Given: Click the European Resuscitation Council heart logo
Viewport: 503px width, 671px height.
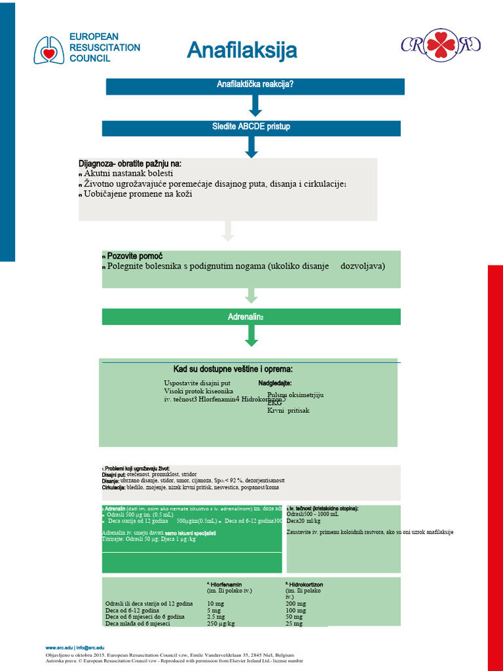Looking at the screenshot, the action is pyautogui.click(x=50, y=49).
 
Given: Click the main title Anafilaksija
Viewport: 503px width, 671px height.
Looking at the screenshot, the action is pyautogui.click(x=242, y=50).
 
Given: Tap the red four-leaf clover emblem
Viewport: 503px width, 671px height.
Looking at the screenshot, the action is pyautogui.click(x=441, y=45).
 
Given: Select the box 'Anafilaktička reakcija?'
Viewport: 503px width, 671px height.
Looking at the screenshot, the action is pyautogui.click(x=255, y=86).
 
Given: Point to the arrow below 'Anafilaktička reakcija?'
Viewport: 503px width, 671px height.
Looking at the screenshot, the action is pyautogui.click(x=255, y=105).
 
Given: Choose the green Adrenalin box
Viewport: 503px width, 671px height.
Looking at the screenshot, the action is pyautogui.click(x=251, y=317).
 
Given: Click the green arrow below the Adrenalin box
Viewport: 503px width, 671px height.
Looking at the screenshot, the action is pyautogui.click(x=251, y=335).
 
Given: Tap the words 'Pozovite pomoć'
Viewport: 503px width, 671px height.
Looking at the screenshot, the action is pyautogui.click(x=135, y=255).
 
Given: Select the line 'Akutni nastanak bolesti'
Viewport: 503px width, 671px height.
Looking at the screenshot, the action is pyautogui.click(x=128, y=173).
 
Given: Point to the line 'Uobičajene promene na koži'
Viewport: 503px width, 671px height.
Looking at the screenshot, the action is pyautogui.click(x=138, y=194).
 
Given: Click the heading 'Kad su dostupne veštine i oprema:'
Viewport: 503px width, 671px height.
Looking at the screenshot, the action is pyautogui.click(x=233, y=369).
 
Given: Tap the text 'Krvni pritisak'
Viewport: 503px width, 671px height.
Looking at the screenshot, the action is pyautogui.click(x=288, y=411).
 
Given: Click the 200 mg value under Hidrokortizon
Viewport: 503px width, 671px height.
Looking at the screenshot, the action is pyautogui.click(x=295, y=604).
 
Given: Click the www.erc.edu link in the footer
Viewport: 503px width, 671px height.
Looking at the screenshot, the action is pyautogui.click(x=58, y=647).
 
